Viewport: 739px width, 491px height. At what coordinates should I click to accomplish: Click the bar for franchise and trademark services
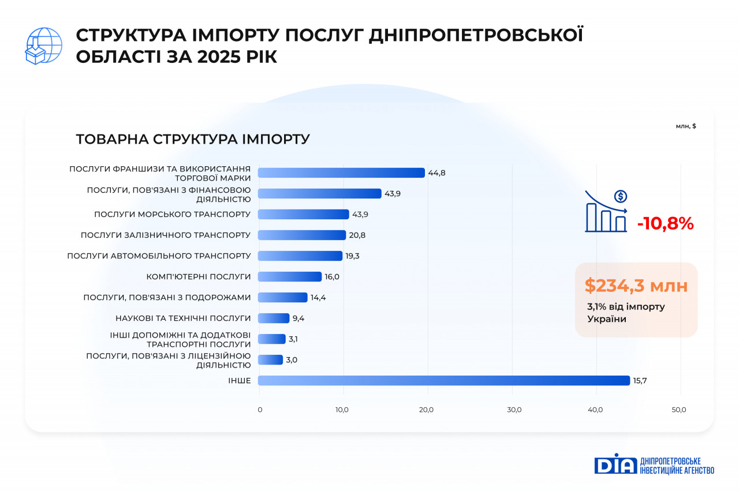pos(341,173)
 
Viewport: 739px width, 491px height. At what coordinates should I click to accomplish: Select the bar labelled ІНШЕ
pos(443,380)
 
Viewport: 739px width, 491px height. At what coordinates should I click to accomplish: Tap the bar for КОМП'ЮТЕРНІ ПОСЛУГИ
pos(289,276)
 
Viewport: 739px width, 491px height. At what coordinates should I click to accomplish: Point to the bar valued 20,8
pos(301,235)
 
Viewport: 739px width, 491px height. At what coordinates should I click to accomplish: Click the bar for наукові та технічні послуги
pos(273,318)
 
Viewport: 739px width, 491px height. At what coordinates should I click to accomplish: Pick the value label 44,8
pos(437,173)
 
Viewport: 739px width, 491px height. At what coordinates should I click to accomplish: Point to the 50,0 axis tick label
pos(679,410)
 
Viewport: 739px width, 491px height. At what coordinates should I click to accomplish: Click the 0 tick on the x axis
pos(260,410)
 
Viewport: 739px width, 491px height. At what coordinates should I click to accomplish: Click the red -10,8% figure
pos(665,224)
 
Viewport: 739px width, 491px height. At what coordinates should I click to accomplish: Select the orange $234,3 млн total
pos(636,286)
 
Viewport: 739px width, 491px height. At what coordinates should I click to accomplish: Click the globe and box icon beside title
pos(44,46)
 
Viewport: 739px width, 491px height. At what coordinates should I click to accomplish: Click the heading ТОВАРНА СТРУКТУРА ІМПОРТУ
pos(193,140)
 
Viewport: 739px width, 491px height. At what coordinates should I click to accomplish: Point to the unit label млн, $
pos(685,126)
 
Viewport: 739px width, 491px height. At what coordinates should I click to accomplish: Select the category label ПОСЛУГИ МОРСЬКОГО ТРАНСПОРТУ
pos(172,214)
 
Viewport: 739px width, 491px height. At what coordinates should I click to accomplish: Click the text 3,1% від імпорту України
pos(626,312)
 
